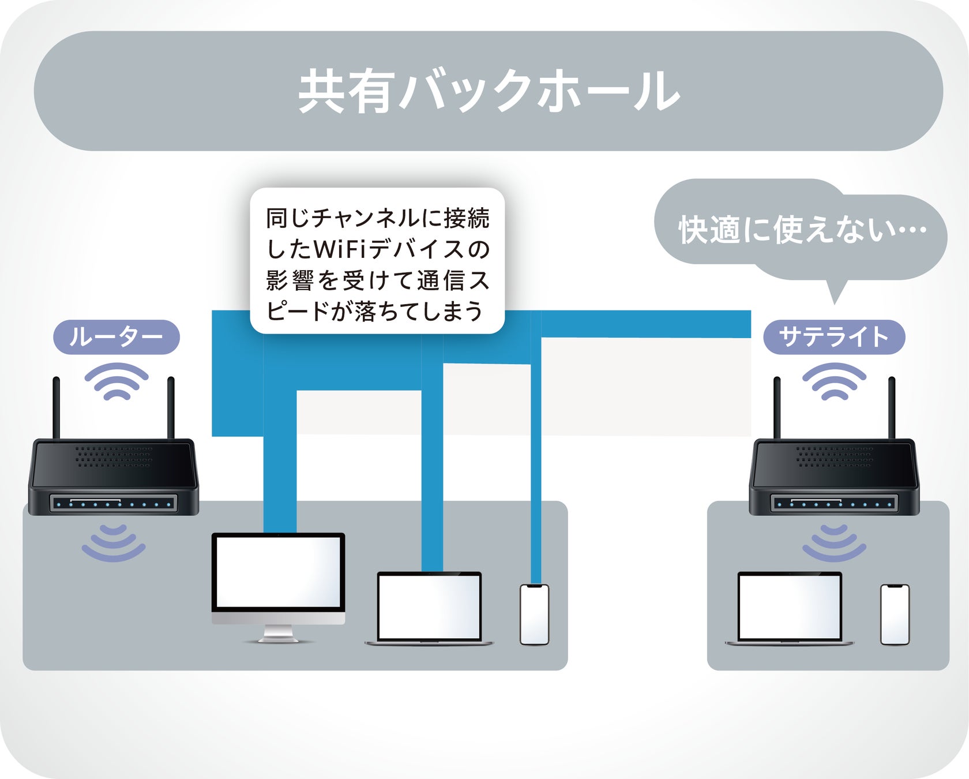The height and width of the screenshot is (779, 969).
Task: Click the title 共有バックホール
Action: tap(489, 91)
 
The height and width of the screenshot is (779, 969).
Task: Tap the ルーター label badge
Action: tap(117, 337)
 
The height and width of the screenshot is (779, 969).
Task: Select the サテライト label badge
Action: tap(834, 337)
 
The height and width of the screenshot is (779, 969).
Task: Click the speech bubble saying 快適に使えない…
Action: tap(802, 230)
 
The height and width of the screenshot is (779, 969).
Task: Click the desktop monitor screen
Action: tap(278, 571)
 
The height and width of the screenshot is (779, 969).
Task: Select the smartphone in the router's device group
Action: tap(534, 614)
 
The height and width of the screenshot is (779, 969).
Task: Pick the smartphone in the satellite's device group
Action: tap(895, 614)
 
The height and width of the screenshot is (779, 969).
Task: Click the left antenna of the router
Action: tap(57, 407)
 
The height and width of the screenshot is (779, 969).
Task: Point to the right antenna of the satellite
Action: tap(892, 407)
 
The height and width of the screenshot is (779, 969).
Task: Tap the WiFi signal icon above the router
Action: tap(117, 381)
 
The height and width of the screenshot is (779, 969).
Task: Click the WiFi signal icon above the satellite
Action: tap(834, 381)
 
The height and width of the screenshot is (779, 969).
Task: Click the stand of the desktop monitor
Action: tap(278, 635)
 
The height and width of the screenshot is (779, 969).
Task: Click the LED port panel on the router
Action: tap(114, 503)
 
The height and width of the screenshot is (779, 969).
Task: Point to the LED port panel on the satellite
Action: tap(834, 503)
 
